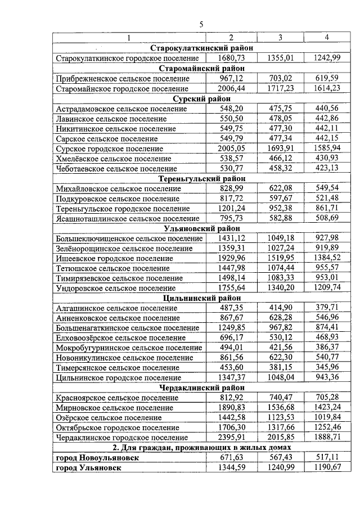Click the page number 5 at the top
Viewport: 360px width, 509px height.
(x=201, y=23)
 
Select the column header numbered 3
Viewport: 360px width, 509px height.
(x=280, y=38)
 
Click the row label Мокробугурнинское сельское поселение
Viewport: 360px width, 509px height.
(x=129, y=348)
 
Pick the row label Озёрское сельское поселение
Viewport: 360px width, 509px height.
(x=112, y=417)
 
